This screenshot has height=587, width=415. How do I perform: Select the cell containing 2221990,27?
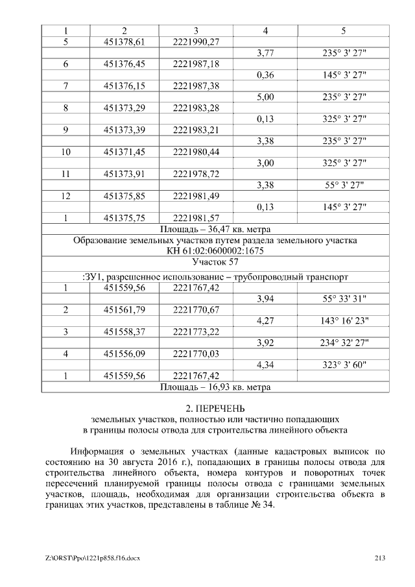pyautogui.click(x=197, y=42)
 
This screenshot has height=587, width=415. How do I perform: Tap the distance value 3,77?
pyautogui.click(x=265, y=53)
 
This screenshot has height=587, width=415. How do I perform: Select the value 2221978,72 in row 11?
pyautogui.click(x=197, y=174)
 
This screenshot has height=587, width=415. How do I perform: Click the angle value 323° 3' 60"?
pyautogui.click(x=344, y=365)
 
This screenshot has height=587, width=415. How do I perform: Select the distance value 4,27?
pyautogui.click(x=265, y=320)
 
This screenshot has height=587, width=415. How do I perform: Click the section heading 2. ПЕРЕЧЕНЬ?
pyautogui.click(x=215, y=408)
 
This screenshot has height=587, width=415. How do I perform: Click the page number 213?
pyautogui.click(x=381, y=558)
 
